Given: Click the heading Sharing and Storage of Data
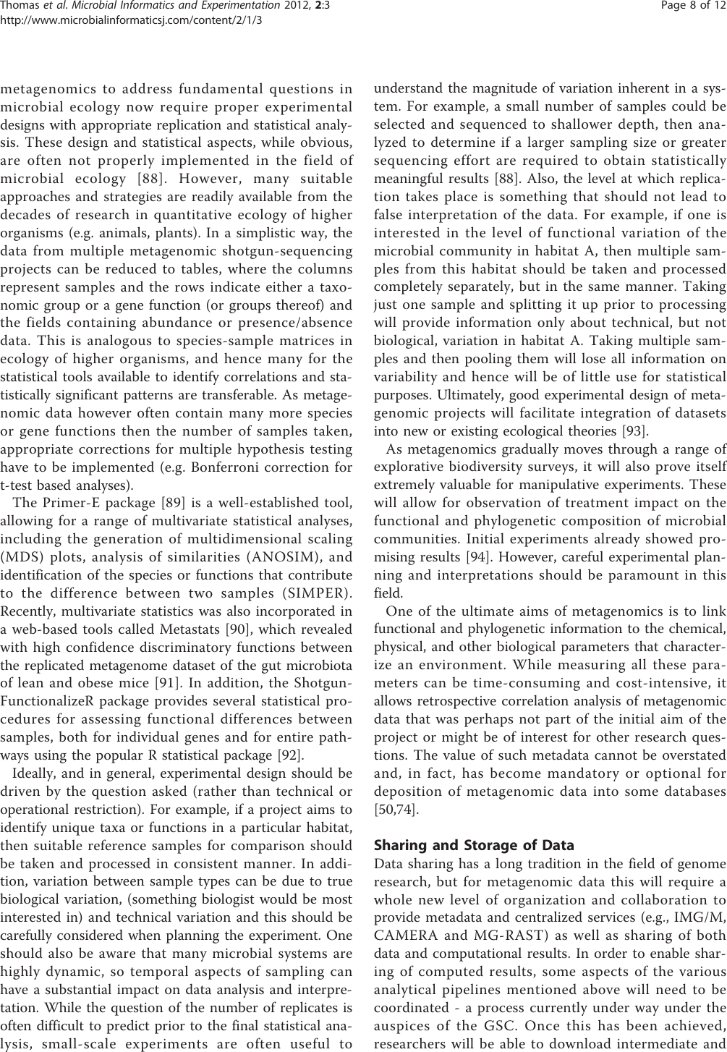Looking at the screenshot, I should click(473, 845).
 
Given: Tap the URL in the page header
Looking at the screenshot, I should click(131, 20).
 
